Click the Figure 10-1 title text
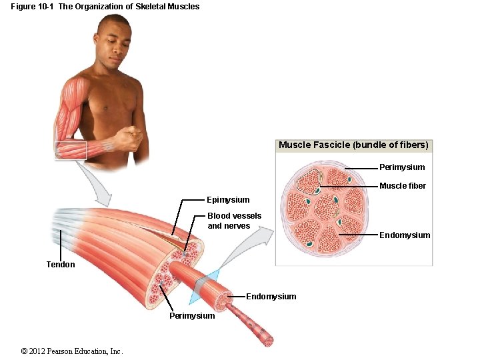[x=105, y=7]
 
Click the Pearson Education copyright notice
[x=72, y=351]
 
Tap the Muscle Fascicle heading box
[x=353, y=145]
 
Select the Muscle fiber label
[x=403, y=186]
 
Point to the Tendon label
[x=61, y=265]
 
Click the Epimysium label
[x=228, y=200]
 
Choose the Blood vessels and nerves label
[x=234, y=221]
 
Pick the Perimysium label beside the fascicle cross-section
[x=401, y=167]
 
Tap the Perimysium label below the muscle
[x=192, y=315]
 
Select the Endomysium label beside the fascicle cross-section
[x=405, y=235]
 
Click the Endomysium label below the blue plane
[x=271, y=297]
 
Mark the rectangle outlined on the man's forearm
[x=71, y=151]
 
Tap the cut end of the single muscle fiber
[x=268, y=340]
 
